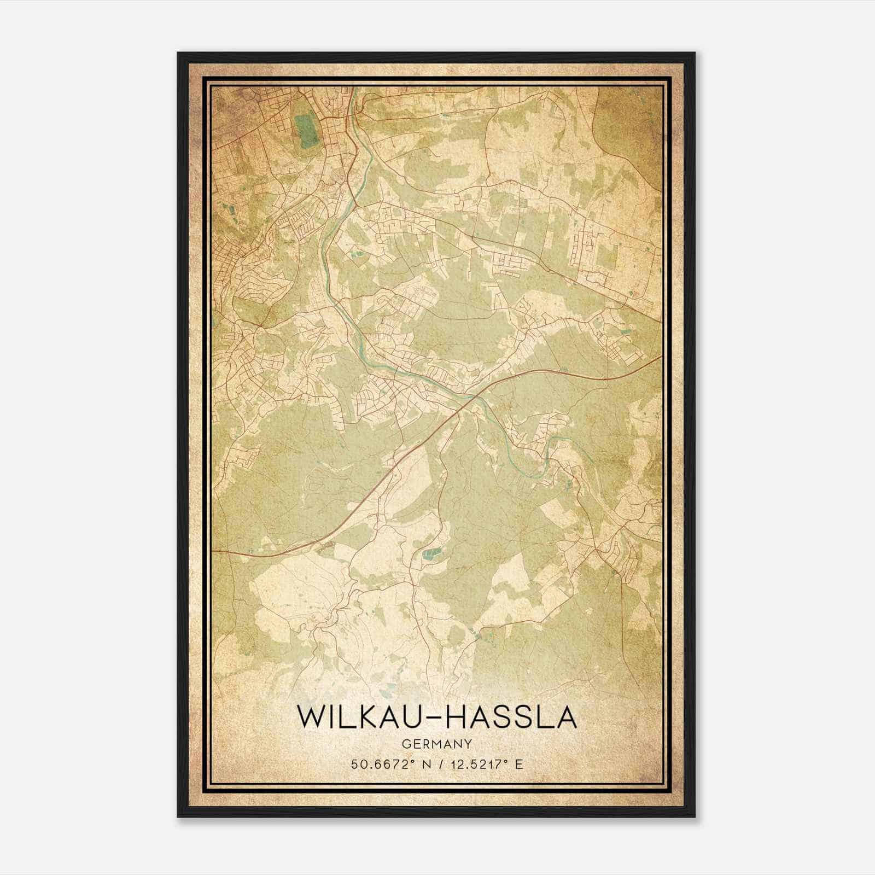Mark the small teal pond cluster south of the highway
coord(430,555)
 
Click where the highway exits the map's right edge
coord(661,357)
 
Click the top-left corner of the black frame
coord(178,54)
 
